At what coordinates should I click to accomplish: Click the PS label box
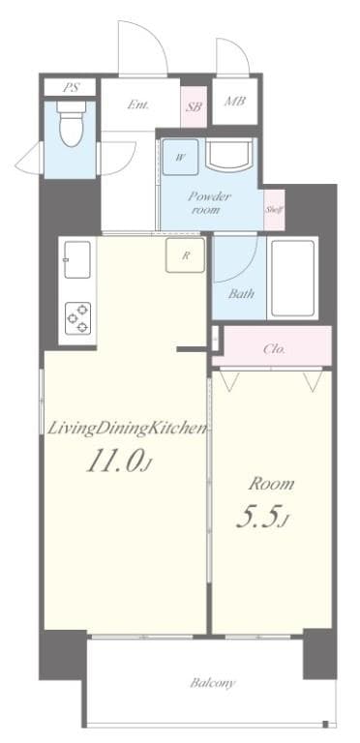[x=70, y=87]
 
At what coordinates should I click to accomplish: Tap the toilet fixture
[x=71, y=126]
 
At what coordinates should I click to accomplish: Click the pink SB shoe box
[x=193, y=106]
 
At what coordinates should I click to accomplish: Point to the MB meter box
[x=234, y=101]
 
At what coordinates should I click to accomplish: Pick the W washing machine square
[x=181, y=154]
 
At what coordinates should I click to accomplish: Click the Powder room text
[x=210, y=200]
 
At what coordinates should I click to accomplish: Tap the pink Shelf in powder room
[x=273, y=207]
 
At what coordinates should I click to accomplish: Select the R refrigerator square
[x=184, y=255]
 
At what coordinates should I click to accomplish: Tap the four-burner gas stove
[x=77, y=316]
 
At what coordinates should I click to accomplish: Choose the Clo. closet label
[x=274, y=349]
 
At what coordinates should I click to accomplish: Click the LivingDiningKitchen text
[x=125, y=427]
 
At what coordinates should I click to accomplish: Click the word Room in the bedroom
[x=271, y=483]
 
